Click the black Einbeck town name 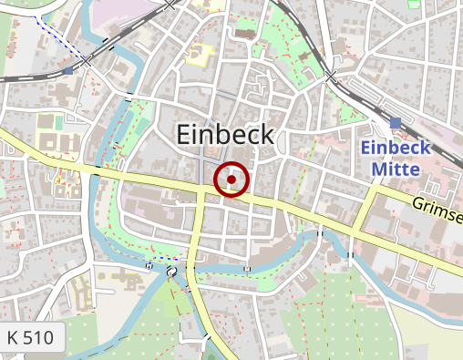(223, 135)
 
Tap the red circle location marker (231, 180)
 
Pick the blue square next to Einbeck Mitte (395, 123)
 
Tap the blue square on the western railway (69, 70)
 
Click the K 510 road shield (30, 338)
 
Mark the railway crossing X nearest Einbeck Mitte (332, 76)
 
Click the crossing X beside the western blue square (87, 62)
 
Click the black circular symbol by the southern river (171, 273)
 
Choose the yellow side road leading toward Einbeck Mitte (365, 214)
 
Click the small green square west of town (58, 122)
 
